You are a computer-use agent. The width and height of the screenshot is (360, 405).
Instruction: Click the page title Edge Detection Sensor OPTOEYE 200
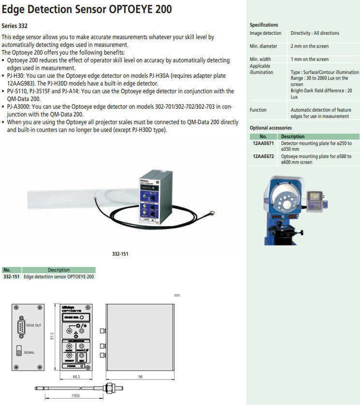coord(87,9)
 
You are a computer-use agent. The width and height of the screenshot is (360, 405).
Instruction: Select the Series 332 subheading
coord(14,26)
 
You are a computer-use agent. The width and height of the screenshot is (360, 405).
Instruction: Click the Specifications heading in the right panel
coord(264,25)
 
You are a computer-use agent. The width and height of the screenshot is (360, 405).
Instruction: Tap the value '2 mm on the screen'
coord(309,46)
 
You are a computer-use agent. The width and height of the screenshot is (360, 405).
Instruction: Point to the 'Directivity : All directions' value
coord(315,33)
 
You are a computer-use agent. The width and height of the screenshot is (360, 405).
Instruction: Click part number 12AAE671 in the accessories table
coord(263,144)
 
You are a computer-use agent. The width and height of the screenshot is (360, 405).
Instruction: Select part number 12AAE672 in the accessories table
coord(263,157)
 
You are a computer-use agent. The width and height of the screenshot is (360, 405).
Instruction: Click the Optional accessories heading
coord(271,128)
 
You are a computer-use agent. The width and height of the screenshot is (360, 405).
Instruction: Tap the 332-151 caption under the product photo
coord(120,254)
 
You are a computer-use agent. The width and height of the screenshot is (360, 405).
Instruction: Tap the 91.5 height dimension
coord(53,335)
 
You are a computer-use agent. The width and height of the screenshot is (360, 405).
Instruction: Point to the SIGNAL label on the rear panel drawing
coord(29,353)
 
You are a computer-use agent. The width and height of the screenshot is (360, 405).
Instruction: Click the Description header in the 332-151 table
coord(58,270)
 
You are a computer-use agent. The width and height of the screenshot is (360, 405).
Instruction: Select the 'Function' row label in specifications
coord(258,110)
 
